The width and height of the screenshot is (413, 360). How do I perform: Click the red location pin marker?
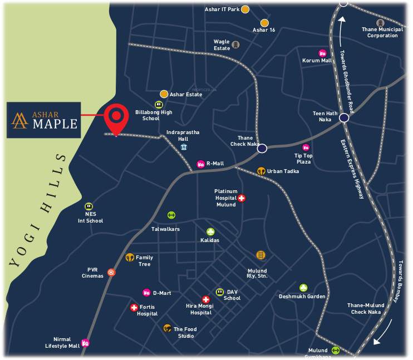[116, 117]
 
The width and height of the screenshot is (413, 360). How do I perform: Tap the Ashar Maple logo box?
[43, 120]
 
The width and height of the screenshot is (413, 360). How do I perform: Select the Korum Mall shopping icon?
[322, 53]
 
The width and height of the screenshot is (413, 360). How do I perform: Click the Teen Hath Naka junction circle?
[344, 117]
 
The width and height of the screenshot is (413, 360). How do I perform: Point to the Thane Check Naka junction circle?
[262, 148]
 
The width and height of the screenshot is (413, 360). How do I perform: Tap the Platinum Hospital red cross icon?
[242, 198]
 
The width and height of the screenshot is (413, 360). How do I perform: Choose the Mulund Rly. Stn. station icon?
[260, 255]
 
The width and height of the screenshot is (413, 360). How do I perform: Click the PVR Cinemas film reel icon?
[112, 272]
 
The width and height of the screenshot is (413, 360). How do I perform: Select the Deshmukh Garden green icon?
[303, 288]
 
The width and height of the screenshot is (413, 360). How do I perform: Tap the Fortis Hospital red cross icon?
[134, 307]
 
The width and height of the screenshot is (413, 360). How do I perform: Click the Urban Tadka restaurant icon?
[260, 171]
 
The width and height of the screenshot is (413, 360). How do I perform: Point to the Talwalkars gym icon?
[171, 215]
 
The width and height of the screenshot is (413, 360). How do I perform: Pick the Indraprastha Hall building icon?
[183, 147]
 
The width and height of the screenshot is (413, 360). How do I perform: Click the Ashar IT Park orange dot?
[245, 9]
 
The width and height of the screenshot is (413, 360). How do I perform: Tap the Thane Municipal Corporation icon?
[381, 23]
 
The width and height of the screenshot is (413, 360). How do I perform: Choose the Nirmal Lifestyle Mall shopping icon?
[86, 343]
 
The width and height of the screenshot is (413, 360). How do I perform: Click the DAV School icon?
[220, 292]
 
